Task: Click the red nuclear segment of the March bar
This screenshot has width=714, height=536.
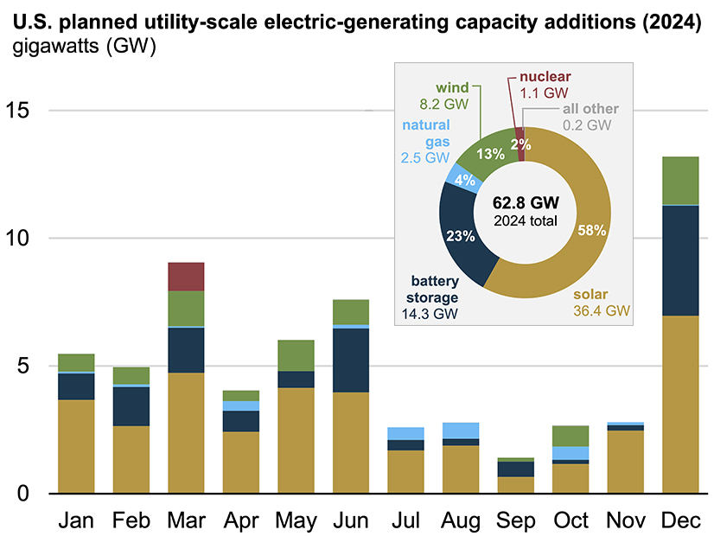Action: (186, 277)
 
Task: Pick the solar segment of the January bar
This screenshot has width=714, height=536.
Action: (76, 446)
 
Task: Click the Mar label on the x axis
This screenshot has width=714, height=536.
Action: (186, 520)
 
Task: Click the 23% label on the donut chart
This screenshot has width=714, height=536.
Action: (458, 233)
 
